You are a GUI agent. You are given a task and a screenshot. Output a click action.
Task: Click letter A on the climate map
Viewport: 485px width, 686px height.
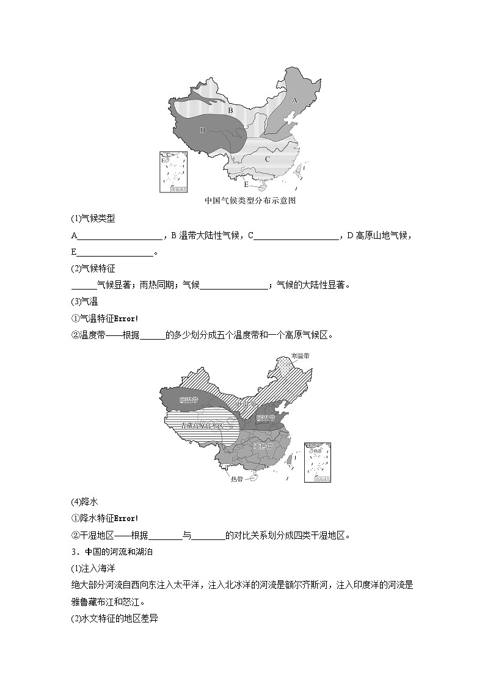pos(294,100)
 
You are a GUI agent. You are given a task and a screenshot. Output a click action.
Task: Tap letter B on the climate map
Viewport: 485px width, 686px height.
pos(230,110)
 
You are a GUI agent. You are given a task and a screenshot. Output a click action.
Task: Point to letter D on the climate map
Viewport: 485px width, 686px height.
pos(202,130)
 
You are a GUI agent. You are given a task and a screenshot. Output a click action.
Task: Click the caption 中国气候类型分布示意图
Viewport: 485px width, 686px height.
pos(250,200)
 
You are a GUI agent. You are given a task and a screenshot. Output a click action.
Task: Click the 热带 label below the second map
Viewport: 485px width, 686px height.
pos(237,480)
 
